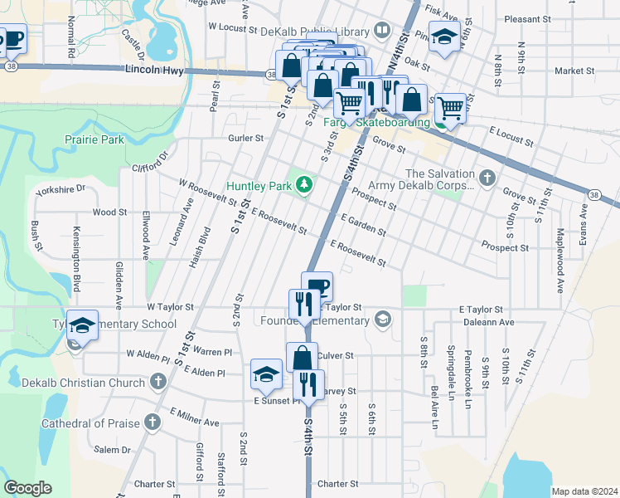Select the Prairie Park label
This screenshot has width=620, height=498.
(96, 139)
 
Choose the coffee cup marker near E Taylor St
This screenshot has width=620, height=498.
(317, 287)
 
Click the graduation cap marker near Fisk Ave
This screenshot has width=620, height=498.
(445, 37)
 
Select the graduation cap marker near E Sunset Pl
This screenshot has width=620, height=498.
(266, 374)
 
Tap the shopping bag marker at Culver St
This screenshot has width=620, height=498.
(303, 358)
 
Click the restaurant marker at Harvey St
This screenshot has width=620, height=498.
(308, 384)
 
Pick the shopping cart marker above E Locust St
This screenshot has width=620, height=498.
(450, 107)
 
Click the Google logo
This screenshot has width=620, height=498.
(29, 487)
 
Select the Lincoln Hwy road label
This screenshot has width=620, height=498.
(153, 72)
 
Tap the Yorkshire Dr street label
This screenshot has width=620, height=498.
(61, 189)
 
